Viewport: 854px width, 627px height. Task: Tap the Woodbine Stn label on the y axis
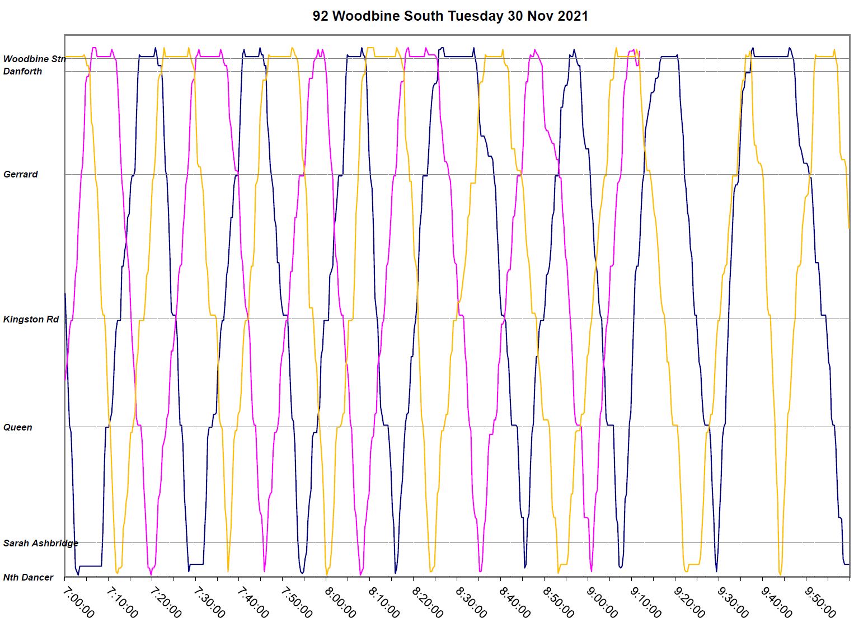click(34, 59)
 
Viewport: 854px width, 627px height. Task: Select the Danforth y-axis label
click(22, 71)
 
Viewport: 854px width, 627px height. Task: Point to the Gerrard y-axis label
click(21, 174)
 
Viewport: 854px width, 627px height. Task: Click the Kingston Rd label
click(31, 319)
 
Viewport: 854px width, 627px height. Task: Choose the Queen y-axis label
click(18, 427)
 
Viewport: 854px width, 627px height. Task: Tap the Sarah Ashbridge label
click(41, 543)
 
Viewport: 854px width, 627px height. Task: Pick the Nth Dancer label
click(29, 577)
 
